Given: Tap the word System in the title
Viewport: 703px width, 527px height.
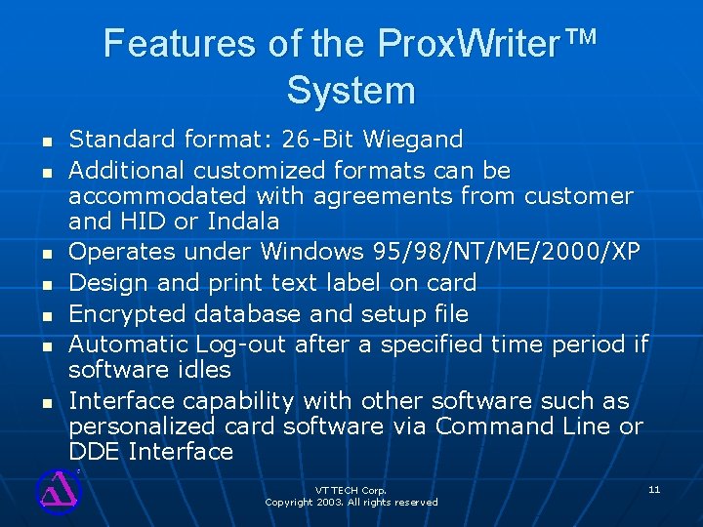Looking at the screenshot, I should [x=351, y=91].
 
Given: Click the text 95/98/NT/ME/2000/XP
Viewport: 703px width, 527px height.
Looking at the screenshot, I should [x=507, y=252].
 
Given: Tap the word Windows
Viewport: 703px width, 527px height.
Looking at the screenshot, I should [x=313, y=252].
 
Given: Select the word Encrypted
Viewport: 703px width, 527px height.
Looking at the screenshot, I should [x=133, y=313].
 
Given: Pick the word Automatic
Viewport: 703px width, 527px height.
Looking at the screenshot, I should [x=129, y=345].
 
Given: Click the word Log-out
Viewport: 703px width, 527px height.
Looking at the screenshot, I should [x=241, y=345].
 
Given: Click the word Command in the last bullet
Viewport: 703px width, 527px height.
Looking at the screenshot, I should [x=494, y=426].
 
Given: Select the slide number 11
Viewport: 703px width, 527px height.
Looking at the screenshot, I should [x=654, y=488].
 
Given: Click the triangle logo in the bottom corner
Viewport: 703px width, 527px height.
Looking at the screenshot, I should [x=58, y=488].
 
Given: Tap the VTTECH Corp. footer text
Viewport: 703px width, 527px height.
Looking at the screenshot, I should [x=351, y=489].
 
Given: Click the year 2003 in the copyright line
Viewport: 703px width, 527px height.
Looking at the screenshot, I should [x=331, y=502].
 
